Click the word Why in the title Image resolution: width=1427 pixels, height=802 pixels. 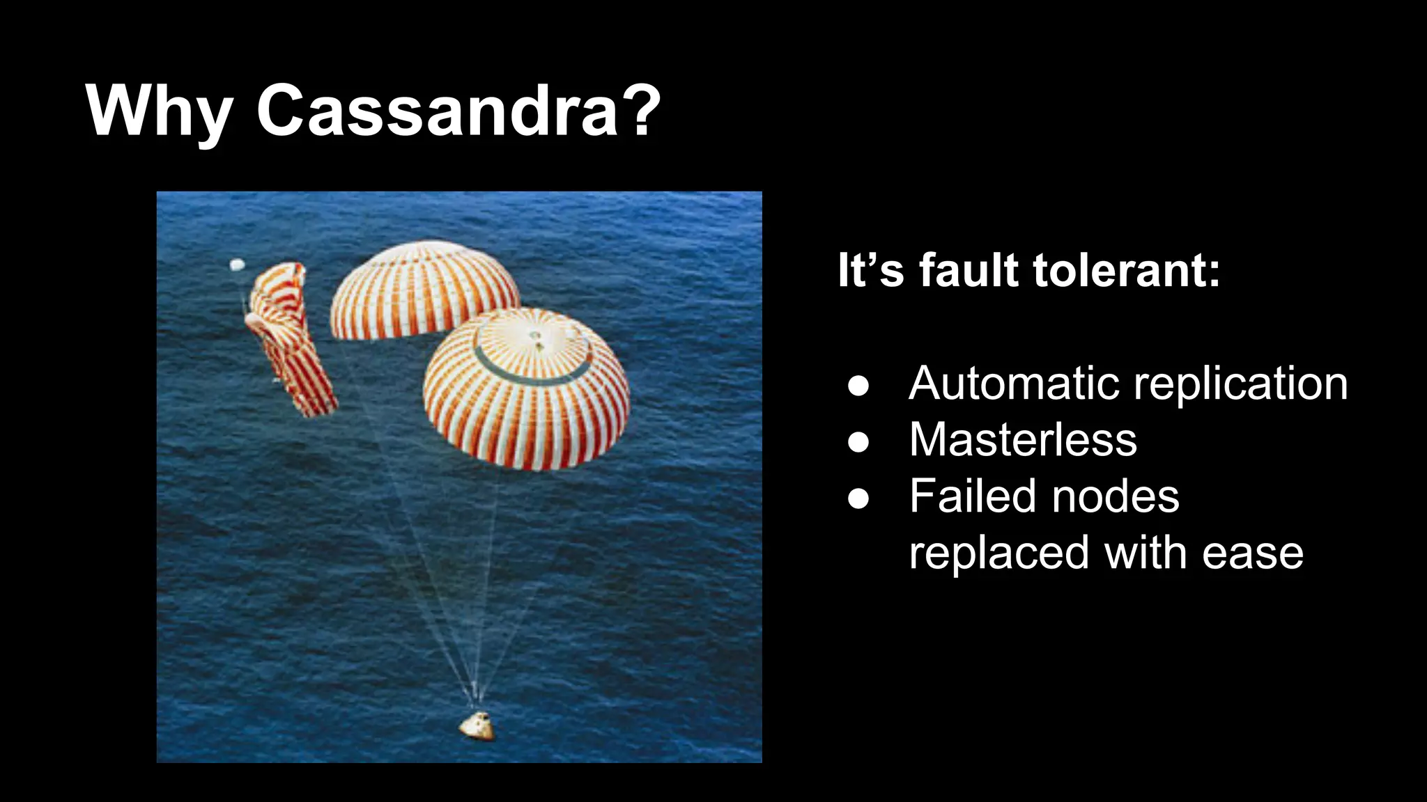coord(159,111)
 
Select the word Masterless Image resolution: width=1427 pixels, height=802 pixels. coord(1022,440)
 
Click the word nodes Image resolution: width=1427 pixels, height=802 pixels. coord(1115,497)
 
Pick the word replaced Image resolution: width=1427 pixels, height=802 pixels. coord(998,553)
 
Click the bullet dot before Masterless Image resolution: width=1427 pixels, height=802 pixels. coord(858,442)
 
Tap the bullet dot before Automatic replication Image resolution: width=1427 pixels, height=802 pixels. coord(858,386)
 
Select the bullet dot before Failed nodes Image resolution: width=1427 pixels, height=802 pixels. coord(858,498)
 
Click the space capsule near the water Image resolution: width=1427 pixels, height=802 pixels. coord(477,725)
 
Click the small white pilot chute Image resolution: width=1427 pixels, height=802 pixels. coord(238,265)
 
